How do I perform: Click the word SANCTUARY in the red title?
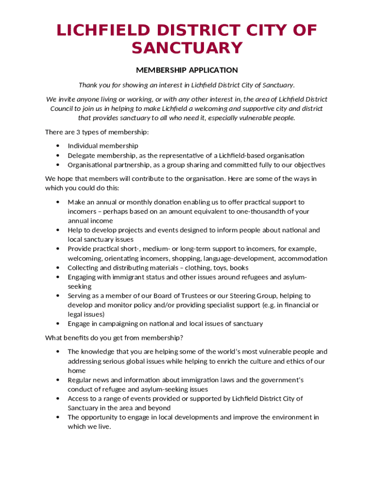187,48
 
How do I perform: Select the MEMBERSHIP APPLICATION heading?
187,70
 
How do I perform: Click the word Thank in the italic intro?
88,85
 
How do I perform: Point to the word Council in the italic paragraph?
62,108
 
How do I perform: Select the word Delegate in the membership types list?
81,156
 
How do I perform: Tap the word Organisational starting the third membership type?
90,165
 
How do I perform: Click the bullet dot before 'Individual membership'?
58,146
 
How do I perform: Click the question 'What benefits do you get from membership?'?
114,338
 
